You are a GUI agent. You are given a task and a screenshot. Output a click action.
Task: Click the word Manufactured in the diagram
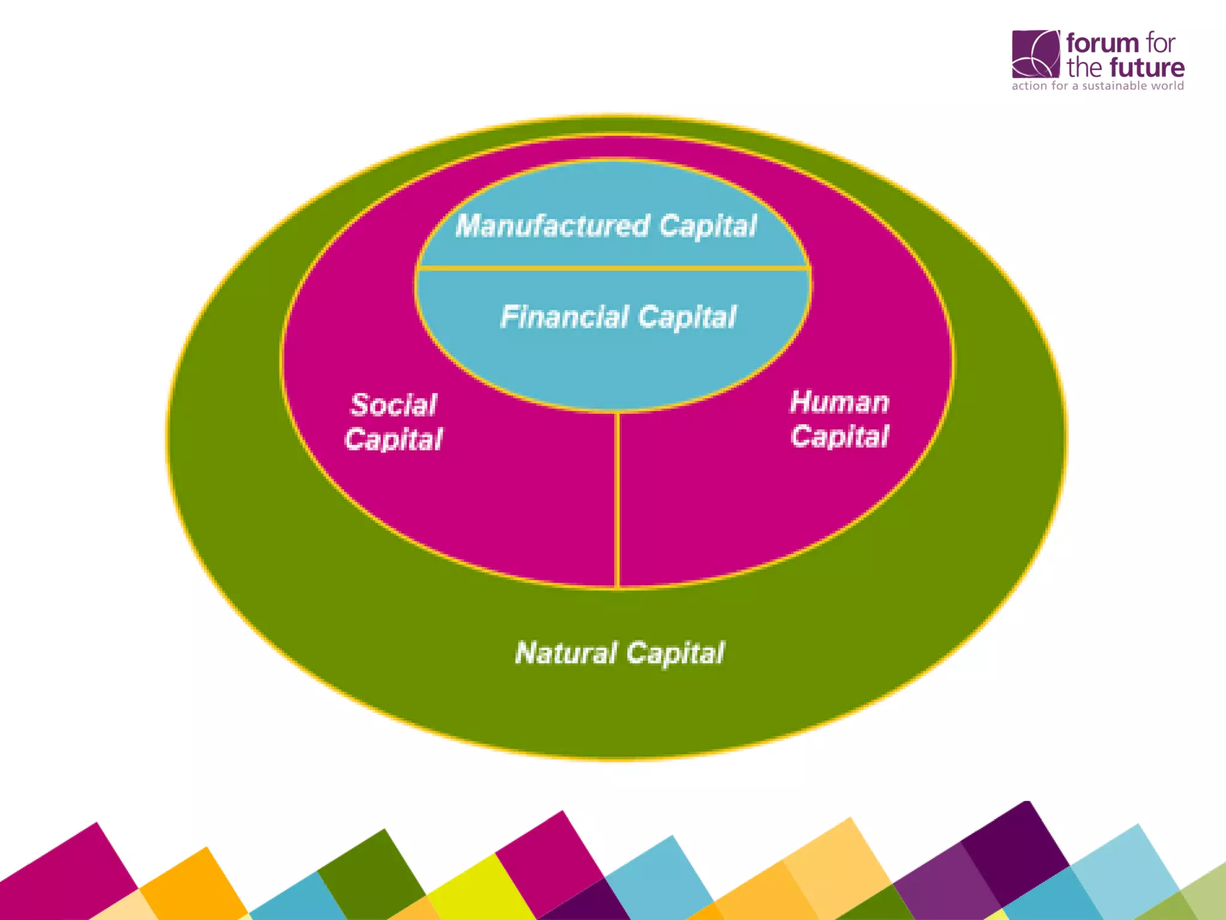[x=552, y=226]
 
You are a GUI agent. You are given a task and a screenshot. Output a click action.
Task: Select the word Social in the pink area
[x=393, y=405]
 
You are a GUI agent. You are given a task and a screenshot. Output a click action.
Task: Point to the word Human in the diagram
[x=839, y=402]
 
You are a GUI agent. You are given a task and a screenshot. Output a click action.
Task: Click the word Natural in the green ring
[x=565, y=653]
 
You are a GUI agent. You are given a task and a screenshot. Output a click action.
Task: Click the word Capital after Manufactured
[x=708, y=226]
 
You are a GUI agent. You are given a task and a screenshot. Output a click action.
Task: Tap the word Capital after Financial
[x=687, y=317]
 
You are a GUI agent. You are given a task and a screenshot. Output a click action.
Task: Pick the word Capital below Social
[x=393, y=439]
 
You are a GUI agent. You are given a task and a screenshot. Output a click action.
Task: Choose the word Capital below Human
[x=839, y=436]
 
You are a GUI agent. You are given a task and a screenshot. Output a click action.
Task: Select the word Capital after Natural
[x=675, y=653]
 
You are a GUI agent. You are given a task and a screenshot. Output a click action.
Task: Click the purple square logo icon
[x=1035, y=54]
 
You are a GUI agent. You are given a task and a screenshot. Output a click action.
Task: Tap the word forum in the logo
[x=1102, y=43]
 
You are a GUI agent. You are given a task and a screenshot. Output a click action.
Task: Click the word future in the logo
[x=1146, y=68]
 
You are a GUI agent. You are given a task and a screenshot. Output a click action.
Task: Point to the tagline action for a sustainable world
[x=1097, y=86]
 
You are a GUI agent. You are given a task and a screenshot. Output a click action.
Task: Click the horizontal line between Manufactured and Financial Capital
[x=614, y=268]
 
